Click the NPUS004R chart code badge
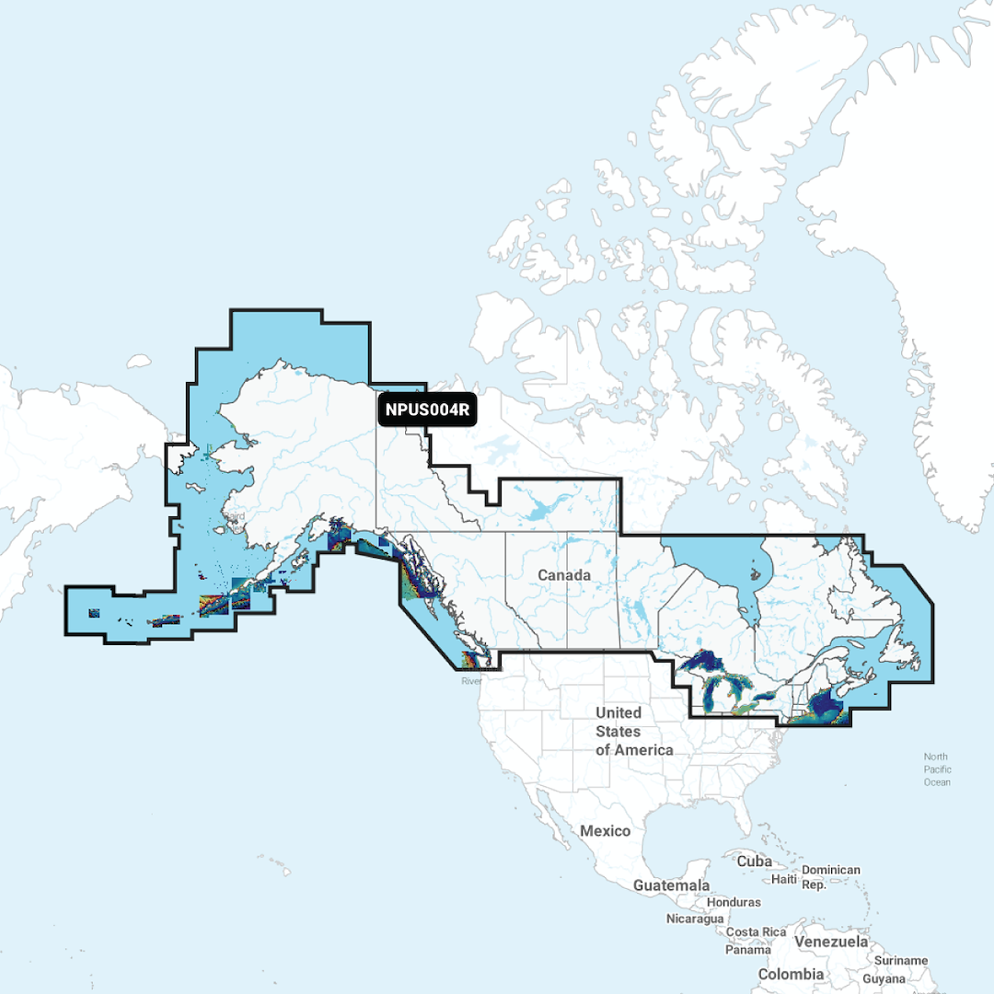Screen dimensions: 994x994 [x=427, y=410]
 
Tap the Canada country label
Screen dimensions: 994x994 [x=564, y=575]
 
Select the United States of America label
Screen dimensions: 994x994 [x=633, y=731]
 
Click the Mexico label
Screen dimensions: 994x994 [x=605, y=831]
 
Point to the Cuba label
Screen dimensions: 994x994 [x=754, y=861]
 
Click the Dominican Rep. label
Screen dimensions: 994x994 [x=830, y=877]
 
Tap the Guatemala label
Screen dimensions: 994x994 [x=671, y=885]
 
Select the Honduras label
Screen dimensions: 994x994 [x=734, y=903]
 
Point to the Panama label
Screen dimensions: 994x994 [x=747, y=949]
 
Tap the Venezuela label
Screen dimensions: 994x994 [x=832, y=942]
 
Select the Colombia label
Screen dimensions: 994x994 [x=791, y=974]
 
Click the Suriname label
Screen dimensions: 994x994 [x=902, y=961]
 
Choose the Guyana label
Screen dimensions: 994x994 [x=884, y=979]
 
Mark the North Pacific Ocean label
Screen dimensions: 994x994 [x=937, y=769]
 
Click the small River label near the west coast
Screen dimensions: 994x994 [x=471, y=682]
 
